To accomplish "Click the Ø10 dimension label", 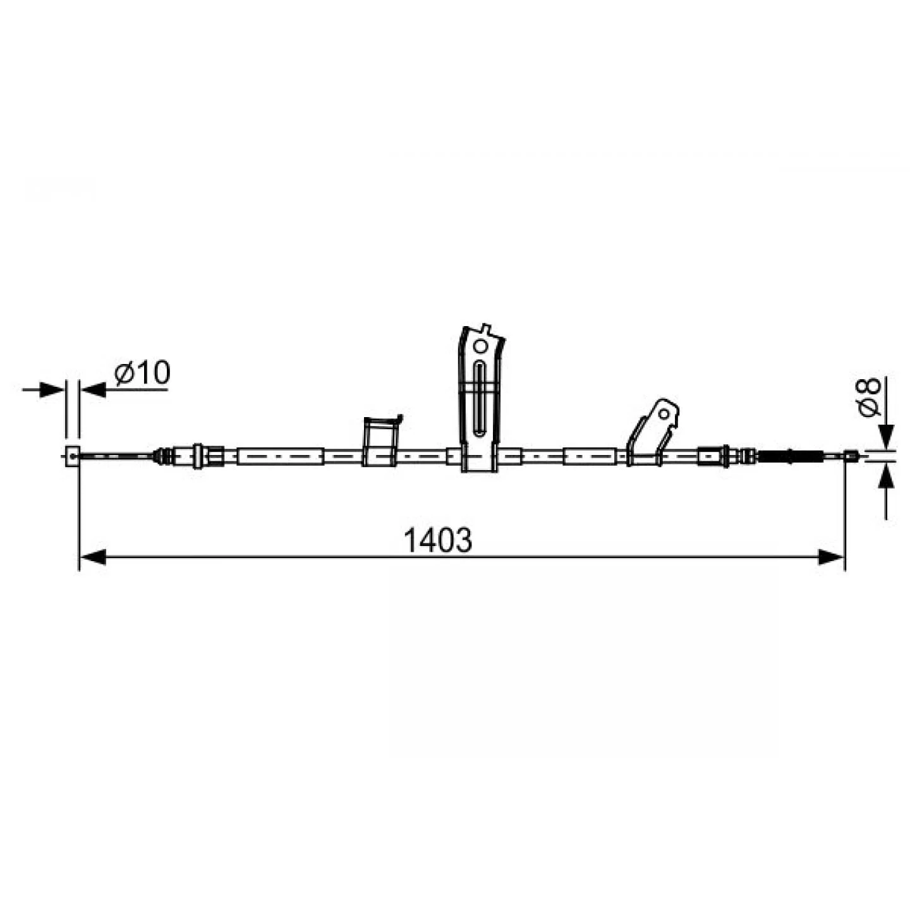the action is click(142, 373).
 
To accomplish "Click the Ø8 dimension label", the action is click(870, 397).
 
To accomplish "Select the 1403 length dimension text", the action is click(438, 541).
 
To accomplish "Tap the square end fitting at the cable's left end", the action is click(72, 456).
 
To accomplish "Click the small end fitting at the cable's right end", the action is click(851, 456).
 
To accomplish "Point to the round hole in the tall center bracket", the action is click(480, 346).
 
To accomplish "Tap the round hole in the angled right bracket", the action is click(664, 414).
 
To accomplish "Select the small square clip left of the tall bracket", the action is click(380, 442).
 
